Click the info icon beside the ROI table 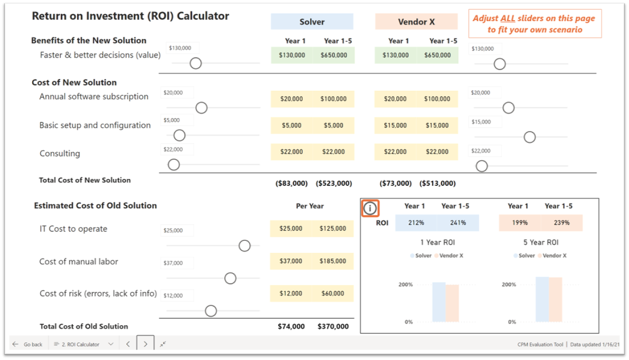click(x=370, y=209)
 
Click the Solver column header click(x=312, y=22)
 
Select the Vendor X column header click(x=416, y=22)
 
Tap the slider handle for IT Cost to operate click(x=244, y=246)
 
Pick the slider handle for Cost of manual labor click(x=230, y=278)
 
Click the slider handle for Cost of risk click(x=211, y=311)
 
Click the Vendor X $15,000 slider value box click(x=485, y=122)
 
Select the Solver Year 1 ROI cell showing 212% click(x=416, y=223)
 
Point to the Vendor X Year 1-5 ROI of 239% click(x=561, y=223)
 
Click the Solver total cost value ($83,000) click(x=291, y=184)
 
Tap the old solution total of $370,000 click(x=333, y=326)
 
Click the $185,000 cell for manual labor click(x=333, y=261)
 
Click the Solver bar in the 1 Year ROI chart click(x=439, y=302)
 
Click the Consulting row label click(x=60, y=154)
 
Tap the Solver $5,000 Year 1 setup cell click(x=291, y=126)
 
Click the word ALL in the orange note click(x=508, y=18)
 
